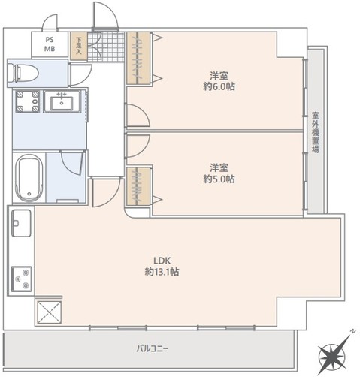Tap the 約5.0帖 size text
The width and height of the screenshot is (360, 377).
219,179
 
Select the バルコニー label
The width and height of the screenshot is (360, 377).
153,349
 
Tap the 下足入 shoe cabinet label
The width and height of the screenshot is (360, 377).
78,45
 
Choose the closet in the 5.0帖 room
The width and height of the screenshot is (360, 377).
138,185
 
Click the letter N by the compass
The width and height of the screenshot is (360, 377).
351,330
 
